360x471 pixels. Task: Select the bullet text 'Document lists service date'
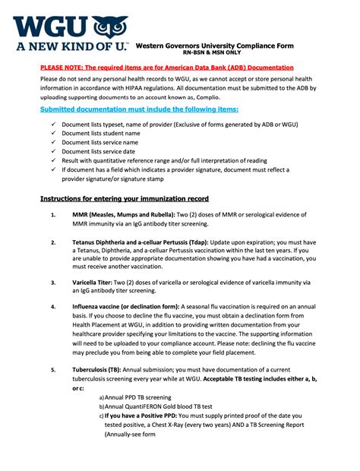[99, 151]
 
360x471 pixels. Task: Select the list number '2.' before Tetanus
[52, 243]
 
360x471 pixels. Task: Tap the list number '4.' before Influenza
[52, 307]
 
